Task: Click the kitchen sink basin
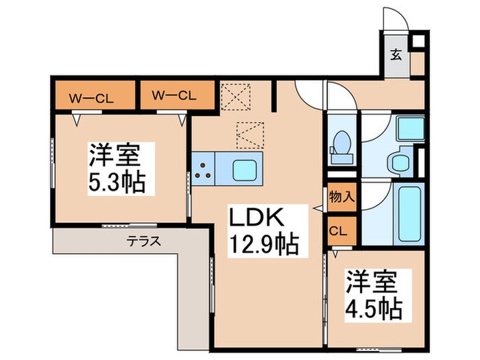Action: point(243,168)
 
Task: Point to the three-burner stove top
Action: point(203,168)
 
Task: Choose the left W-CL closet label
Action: point(95,96)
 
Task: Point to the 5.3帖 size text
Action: point(115,183)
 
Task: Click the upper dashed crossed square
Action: point(237,97)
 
